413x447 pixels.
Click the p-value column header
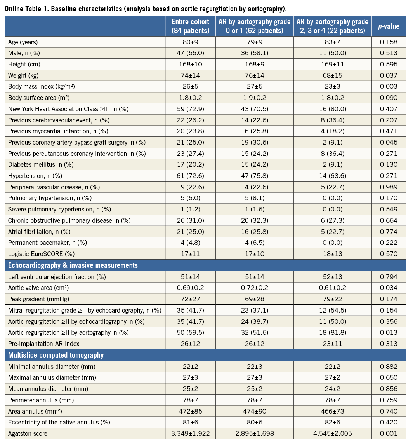(x=389, y=26)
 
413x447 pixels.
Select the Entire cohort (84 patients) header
(x=190, y=26)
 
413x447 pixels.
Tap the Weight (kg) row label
(x=23, y=75)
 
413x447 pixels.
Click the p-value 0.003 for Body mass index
(x=389, y=86)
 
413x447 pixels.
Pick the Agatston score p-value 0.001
(x=389, y=433)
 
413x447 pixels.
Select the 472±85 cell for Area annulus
(x=190, y=411)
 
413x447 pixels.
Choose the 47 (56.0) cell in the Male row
(x=190, y=52)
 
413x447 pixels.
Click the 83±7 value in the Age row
(x=332, y=41)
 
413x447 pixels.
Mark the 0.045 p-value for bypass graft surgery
(x=389, y=142)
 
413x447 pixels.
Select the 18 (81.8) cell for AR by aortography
(x=332, y=333)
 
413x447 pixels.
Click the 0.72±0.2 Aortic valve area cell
(x=255, y=288)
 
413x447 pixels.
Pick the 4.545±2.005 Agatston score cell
(x=332, y=433)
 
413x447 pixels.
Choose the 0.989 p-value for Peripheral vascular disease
(x=389, y=187)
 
